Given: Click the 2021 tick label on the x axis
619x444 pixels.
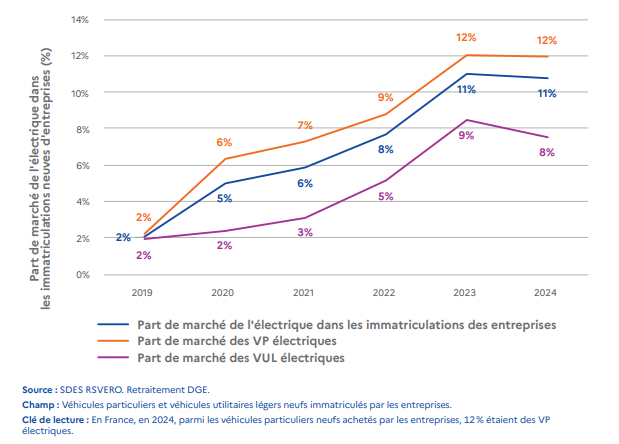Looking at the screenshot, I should coord(305,294).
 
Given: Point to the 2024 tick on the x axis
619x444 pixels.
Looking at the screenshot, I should coord(545,294).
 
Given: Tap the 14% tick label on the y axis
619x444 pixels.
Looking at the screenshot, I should coord(81,20).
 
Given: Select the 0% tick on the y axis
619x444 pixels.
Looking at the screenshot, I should coord(83,274).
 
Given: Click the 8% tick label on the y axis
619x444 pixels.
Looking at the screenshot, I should coord(83,129).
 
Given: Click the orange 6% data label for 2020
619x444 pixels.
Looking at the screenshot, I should coord(224,143).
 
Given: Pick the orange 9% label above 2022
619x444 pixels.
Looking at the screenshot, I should coord(385,98).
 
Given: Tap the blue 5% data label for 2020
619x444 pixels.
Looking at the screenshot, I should coord(224,198).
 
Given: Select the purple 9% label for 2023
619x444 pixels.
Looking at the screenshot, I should coord(466,135).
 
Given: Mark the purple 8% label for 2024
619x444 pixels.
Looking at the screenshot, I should coord(547,152).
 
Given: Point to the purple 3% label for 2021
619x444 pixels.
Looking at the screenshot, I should coord(305,232).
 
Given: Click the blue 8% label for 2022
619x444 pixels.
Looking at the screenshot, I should coord(385,149).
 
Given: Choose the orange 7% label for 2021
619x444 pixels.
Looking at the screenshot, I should coord(305,125).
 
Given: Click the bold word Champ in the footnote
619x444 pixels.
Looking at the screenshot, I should coord(40,405).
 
